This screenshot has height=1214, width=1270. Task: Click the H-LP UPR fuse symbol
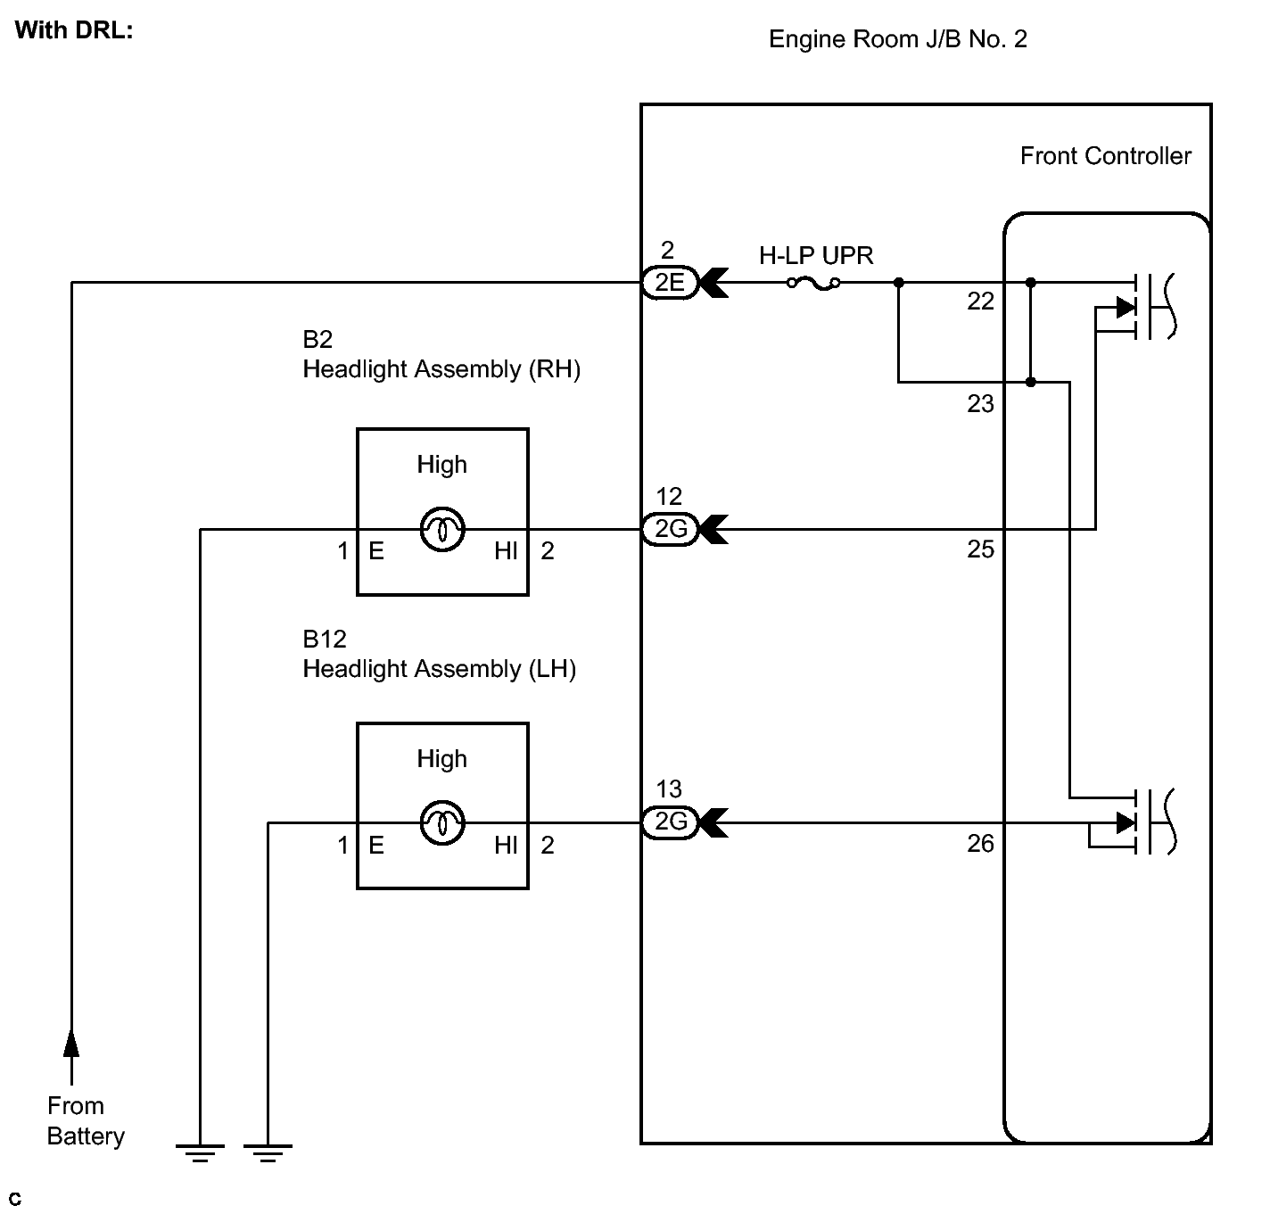click(813, 283)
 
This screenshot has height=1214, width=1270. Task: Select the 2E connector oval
click(670, 283)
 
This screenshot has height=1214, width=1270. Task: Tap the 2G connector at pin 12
click(670, 529)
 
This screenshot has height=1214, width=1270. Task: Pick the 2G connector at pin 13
click(670, 822)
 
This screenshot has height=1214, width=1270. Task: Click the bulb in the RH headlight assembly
click(442, 529)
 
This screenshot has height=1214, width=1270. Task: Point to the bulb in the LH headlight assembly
click(442, 822)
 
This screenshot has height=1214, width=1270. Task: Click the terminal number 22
click(980, 301)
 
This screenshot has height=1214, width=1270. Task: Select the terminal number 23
click(980, 404)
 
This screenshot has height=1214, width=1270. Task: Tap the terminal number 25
click(980, 549)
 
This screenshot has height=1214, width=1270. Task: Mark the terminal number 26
click(980, 844)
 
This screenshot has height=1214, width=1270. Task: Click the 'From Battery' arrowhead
click(71, 1043)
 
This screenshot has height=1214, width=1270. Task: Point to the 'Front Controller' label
click(1106, 156)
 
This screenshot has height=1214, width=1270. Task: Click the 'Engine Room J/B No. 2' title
click(898, 39)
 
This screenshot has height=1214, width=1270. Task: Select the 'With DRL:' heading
click(74, 30)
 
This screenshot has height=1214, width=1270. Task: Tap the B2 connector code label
click(317, 339)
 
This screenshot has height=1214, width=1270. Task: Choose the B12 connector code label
click(325, 639)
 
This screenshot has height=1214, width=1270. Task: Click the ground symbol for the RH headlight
click(200, 1153)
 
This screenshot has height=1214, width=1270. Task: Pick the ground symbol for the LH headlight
click(268, 1153)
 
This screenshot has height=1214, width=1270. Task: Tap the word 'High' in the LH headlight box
click(441, 759)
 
